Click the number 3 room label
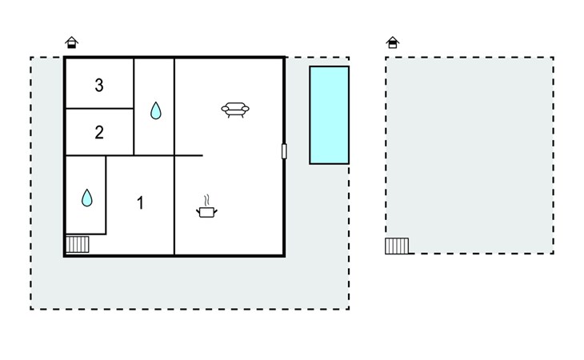[99, 86]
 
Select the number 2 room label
[99, 133]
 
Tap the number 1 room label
[140, 203]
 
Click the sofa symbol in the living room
[235, 110]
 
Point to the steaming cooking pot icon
[206, 206]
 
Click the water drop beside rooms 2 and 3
[156, 110]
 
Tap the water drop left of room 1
[86, 198]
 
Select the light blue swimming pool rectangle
[330, 115]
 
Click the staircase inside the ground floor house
[78, 244]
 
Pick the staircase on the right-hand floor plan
[397, 246]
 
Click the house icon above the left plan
[71, 42]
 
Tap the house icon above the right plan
[393, 42]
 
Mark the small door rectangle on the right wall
[284, 151]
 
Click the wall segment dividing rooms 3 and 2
[99, 108]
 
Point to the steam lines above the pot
[207, 200]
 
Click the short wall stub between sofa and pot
[189, 155]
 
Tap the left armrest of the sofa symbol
[225, 109]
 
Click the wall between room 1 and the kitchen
[174, 205]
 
